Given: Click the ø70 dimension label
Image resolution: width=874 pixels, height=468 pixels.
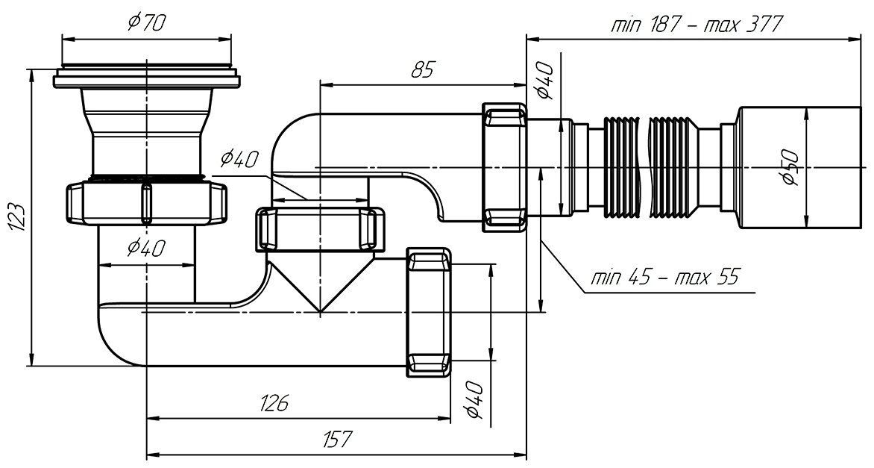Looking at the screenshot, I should [146, 24].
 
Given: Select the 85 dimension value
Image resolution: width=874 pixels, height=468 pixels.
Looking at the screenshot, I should [422, 70].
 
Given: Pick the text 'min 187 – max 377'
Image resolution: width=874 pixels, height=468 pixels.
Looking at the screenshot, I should [695, 25].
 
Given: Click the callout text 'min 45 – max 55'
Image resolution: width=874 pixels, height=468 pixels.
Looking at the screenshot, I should [663, 278].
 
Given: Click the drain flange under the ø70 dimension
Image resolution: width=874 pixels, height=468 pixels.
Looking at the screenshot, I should [146, 78].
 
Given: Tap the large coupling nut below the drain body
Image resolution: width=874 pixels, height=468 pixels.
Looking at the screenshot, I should [146, 202].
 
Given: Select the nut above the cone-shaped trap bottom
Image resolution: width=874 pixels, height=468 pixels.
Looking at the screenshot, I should [318, 229].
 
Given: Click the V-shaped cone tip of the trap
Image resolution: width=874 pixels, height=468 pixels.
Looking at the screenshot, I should [319, 306].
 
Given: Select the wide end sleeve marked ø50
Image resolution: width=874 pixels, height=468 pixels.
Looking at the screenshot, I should [776, 167].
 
